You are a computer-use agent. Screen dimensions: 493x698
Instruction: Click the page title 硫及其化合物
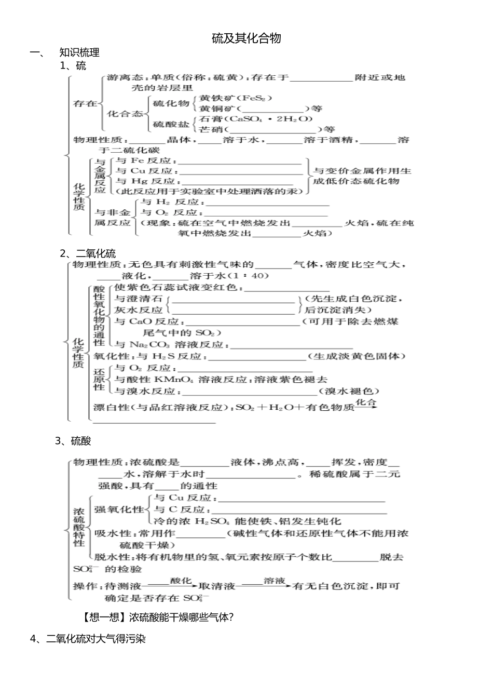tap(246, 38)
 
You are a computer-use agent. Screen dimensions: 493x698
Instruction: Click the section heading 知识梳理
tap(79, 52)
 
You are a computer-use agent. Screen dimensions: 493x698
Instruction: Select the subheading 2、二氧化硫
tap(88, 253)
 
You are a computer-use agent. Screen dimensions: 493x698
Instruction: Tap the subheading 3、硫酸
tap(73, 441)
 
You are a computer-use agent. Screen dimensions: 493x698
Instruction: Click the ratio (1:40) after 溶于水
tap(252, 276)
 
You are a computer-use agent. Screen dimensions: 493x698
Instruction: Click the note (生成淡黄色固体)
tap(357, 356)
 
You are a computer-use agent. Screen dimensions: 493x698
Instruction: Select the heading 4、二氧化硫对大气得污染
tap(88, 639)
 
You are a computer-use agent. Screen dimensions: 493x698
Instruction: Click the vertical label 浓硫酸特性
tap(79, 527)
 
